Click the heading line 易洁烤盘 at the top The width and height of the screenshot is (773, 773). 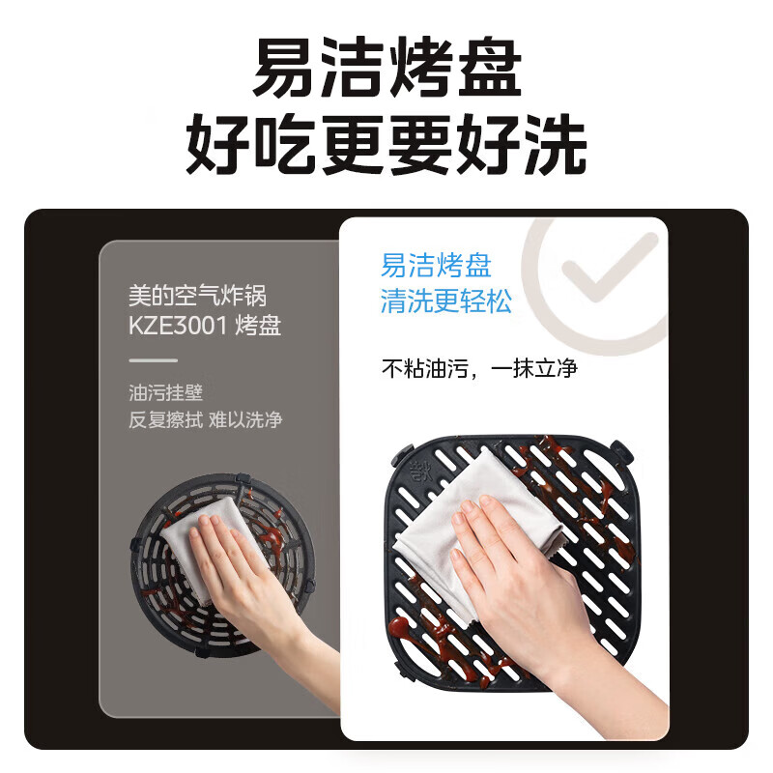click(x=386, y=70)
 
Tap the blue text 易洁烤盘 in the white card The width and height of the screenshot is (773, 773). click(x=436, y=266)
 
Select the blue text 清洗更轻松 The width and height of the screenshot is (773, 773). click(x=445, y=301)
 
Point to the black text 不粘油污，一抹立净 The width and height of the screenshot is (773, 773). click(x=479, y=368)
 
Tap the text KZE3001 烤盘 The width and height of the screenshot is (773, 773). click(x=205, y=325)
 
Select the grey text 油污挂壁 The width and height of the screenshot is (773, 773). click(x=165, y=393)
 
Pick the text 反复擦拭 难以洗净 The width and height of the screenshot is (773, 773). click(x=205, y=419)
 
